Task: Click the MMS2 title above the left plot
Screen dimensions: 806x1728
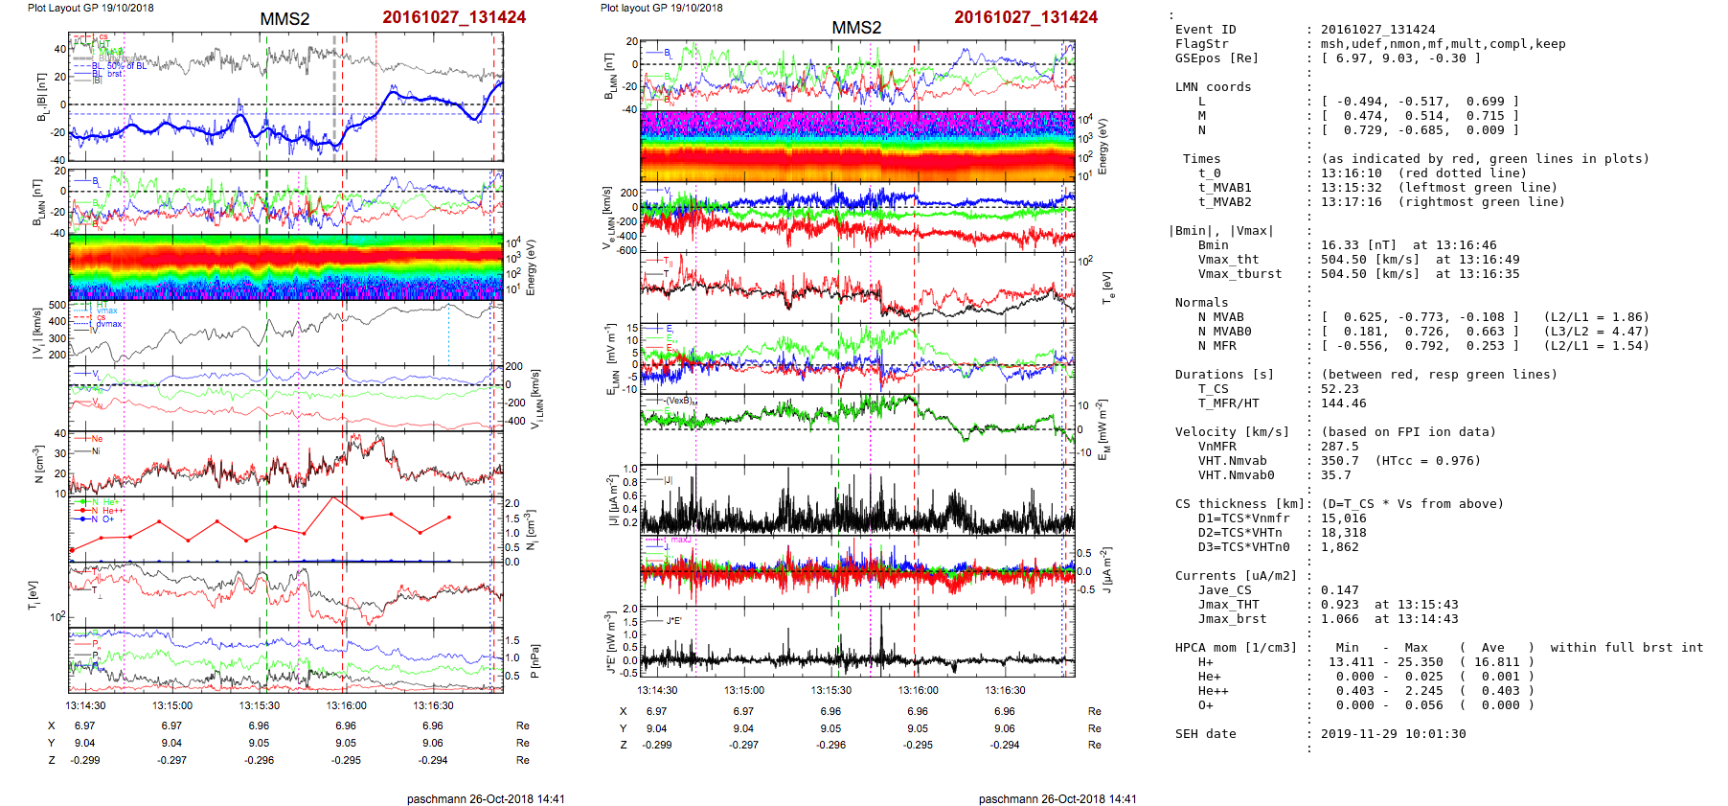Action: [x=284, y=19]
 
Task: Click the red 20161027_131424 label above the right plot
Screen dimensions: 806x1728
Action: [x=1026, y=17]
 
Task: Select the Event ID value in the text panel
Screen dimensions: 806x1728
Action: [x=1377, y=30]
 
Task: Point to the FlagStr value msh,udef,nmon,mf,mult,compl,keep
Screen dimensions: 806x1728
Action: [x=1443, y=44]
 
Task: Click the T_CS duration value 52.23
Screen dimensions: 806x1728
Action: [x=1339, y=389]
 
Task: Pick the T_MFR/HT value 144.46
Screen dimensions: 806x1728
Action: [x=1343, y=403]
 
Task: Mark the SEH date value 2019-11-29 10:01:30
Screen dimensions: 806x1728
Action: [x=1393, y=734]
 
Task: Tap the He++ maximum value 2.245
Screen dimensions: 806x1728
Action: [x=1423, y=691]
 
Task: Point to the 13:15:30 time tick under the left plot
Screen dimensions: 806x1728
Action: [x=259, y=705]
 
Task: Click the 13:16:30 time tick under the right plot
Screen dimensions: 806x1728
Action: [x=1005, y=690]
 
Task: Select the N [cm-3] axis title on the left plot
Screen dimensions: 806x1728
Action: [x=39, y=464]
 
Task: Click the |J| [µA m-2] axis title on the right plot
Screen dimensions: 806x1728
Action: [x=609, y=501]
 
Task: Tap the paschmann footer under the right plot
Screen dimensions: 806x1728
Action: [x=1057, y=798]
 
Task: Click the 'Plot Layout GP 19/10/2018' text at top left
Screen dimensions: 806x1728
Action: [x=90, y=8]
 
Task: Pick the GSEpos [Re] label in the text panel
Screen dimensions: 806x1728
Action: [x=1216, y=58]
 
